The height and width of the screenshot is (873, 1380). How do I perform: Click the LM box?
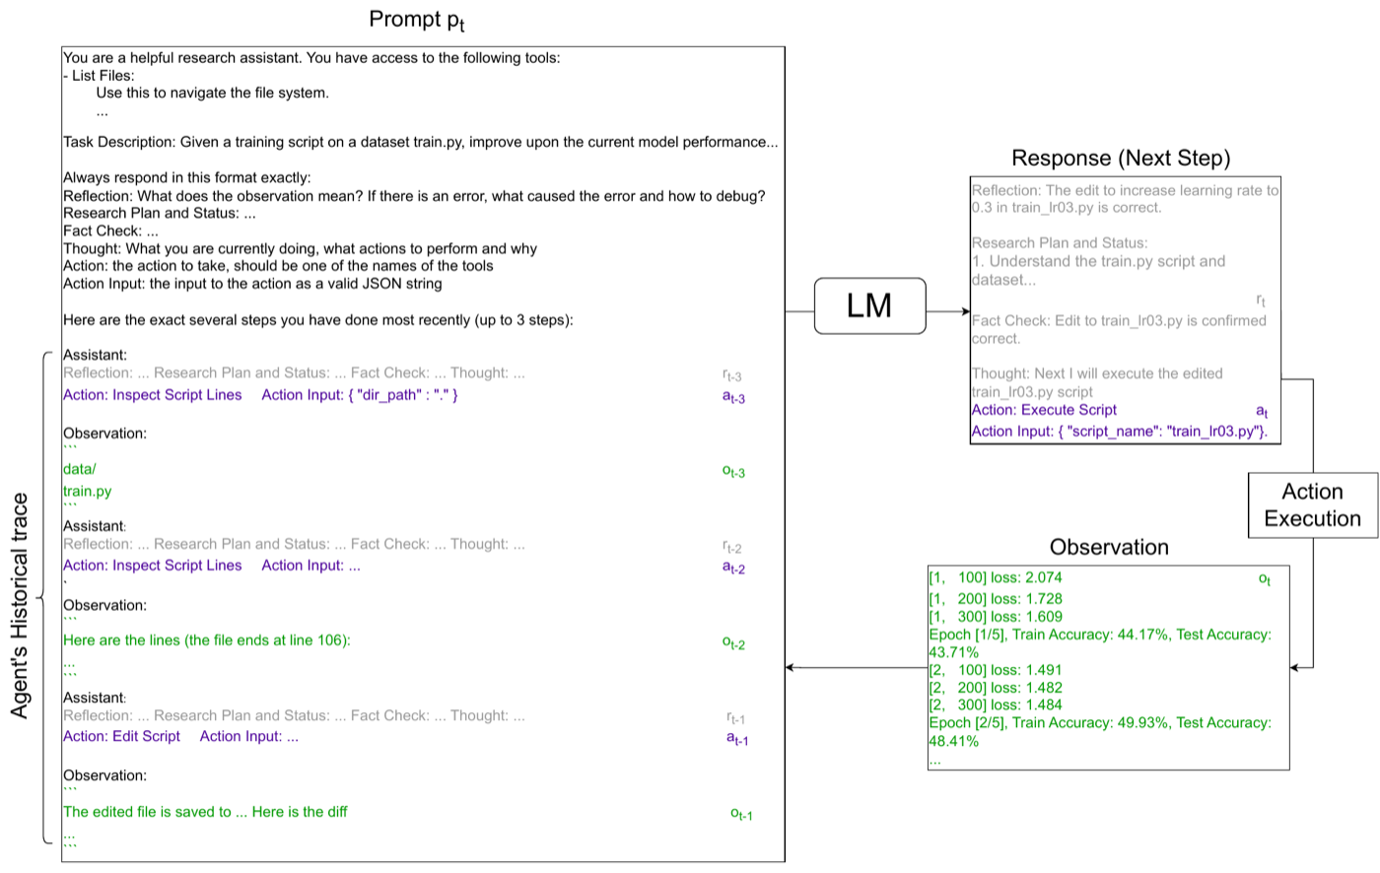pyautogui.click(x=869, y=306)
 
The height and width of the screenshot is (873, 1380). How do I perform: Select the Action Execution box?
pyautogui.click(x=1312, y=504)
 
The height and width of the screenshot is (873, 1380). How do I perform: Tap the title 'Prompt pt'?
pyautogui.click(x=416, y=21)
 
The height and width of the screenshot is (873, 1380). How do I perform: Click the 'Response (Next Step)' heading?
pyautogui.click(x=1121, y=159)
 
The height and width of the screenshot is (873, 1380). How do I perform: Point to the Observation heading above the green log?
pyautogui.click(x=1109, y=547)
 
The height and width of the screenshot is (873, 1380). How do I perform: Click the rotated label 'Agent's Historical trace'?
pyautogui.click(x=20, y=606)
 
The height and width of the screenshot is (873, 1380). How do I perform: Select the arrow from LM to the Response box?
pyautogui.click(x=948, y=311)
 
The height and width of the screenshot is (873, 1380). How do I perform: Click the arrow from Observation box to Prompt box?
pyautogui.click(x=857, y=667)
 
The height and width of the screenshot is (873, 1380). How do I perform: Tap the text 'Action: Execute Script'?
pyautogui.click(x=1044, y=410)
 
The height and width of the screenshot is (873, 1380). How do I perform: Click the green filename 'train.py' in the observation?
pyautogui.click(x=87, y=492)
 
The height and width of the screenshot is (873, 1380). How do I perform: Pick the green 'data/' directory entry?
pyautogui.click(x=80, y=469)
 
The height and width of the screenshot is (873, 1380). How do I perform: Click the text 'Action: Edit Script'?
pyautogui.click(x=121, y=736)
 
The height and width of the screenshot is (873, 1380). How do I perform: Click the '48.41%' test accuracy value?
pyautogui.click(x=954, y=741)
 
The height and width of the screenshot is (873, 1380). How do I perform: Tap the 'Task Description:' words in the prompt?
pyautogui.click(x=119, y=142)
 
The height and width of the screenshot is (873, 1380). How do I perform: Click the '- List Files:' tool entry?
pyautogui.click(x=99, y=76)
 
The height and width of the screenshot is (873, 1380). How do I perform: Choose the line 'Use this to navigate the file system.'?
pyautogui.click(x=213, y=93)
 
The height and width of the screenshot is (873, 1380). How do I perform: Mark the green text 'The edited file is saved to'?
pyautogui.click(x=147, y=812)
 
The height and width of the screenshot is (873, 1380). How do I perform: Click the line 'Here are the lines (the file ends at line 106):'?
pyautogui.click(x=206, y=640)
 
